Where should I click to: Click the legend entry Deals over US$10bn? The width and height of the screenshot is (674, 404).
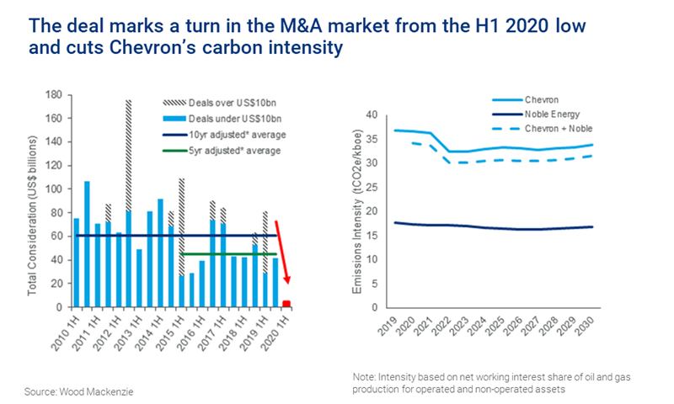tap(228, 101)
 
